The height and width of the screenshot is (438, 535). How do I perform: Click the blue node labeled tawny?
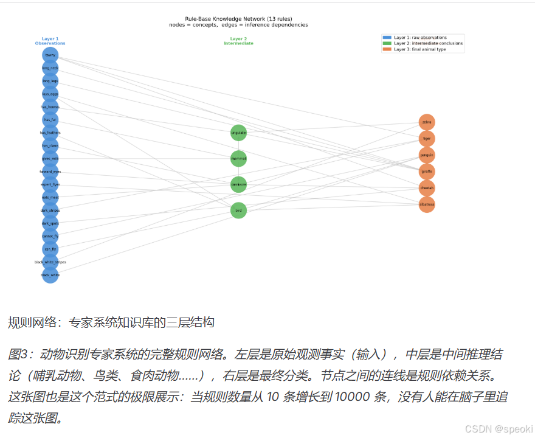[50, 55]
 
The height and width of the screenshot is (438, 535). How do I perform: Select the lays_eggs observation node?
[50, 94]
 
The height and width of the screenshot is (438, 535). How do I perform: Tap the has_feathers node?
[50, 133]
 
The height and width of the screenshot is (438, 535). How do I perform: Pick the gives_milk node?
[50, 159]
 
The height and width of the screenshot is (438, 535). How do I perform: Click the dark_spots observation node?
[50, 223]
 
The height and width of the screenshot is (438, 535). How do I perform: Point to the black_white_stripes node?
[50, 262]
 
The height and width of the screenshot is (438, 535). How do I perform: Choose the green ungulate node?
[239, 133]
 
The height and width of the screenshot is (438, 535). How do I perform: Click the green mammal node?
[239, 159]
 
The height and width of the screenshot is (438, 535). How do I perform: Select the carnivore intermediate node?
[239, 184]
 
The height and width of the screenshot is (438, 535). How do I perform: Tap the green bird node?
[239, 210]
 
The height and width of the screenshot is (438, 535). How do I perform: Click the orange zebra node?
[427, 122]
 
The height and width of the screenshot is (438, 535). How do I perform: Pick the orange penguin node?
[427, 155]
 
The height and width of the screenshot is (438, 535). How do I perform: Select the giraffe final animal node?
[427, 172]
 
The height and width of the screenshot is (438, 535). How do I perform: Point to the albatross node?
[427, 204]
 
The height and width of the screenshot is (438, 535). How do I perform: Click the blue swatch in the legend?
[387, 38]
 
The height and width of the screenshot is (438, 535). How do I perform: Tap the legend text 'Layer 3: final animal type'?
[419, 49]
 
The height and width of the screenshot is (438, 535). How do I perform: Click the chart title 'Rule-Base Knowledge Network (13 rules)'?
[238, 19]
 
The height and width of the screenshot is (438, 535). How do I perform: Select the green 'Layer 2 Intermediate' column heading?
[238, 41]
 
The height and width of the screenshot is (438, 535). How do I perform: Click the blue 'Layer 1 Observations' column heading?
[50, 41]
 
